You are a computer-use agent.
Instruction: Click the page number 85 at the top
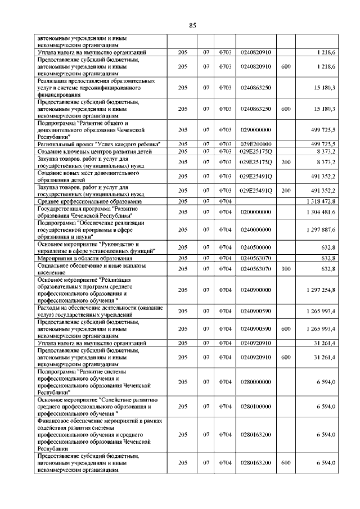[x=192, y=25]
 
